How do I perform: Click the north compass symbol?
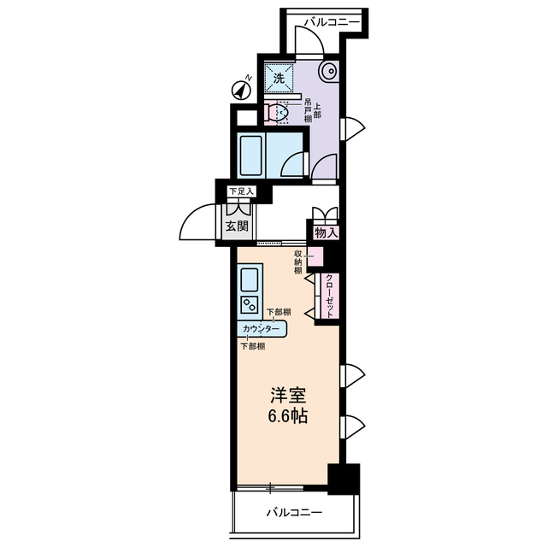click(241, 86)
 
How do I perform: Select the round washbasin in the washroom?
click(329, 72)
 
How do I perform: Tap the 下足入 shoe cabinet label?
click(241, 191)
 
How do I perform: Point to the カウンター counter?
click(262, 329)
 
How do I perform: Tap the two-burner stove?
click(250, 303)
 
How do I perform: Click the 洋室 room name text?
click(289, 397)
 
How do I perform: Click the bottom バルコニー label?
click(293, 514)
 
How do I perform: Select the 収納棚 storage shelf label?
click(299, 262)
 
